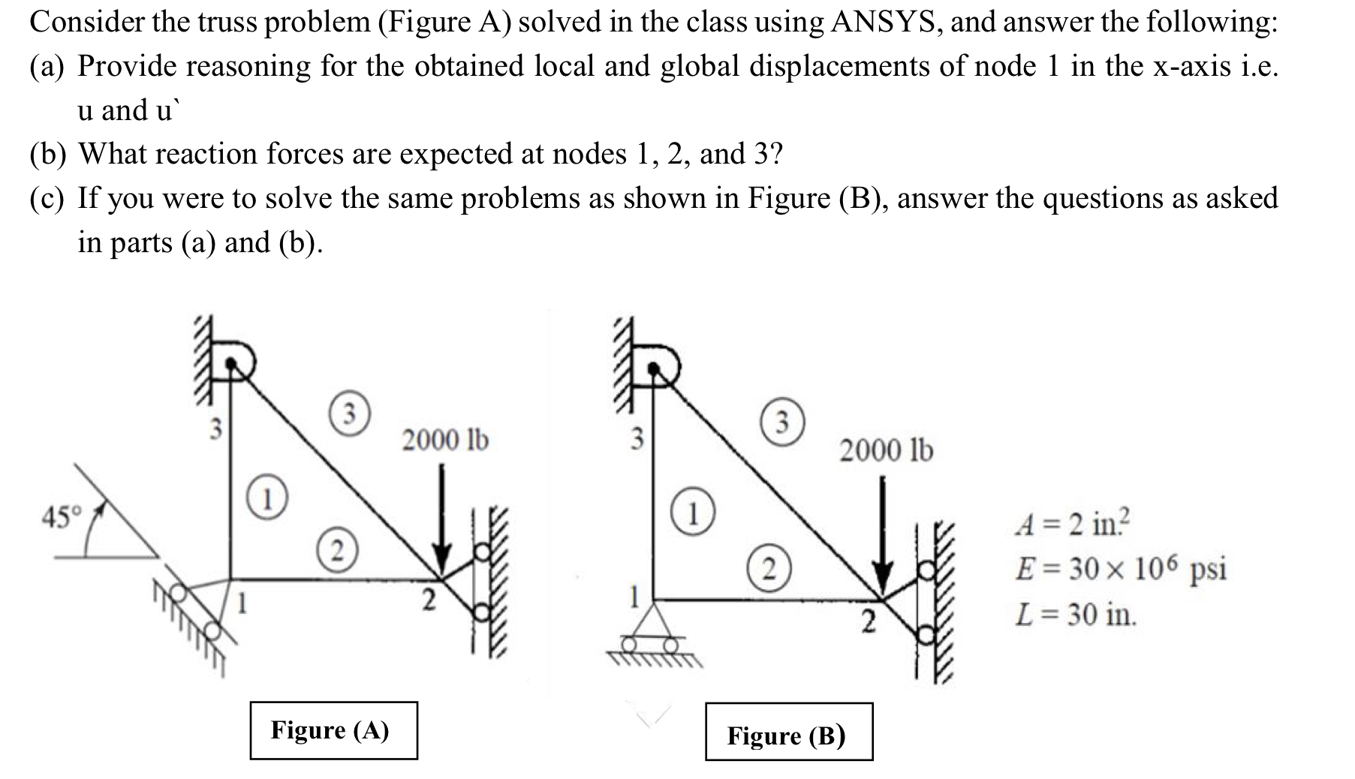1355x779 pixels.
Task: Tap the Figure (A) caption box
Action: point(333,730)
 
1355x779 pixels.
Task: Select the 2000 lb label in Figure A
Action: point(445,439)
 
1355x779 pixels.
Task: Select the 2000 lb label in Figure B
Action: point(886,450)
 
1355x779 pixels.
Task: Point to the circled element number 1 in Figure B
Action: point(695,515)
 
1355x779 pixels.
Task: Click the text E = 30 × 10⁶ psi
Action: point(1121,568)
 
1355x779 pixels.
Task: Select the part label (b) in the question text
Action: point(49,154)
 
